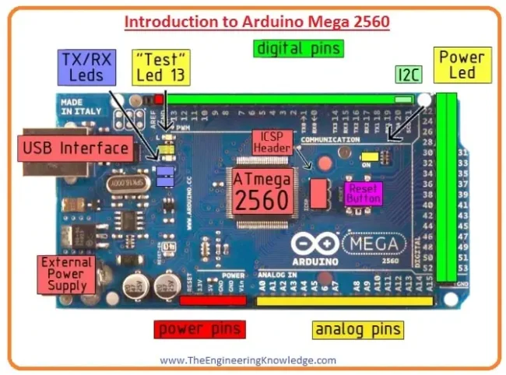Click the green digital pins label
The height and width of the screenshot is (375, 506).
pos(297,48)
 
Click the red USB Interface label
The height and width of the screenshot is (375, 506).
pos(76,148)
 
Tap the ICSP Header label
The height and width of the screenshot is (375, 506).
pos(272,142)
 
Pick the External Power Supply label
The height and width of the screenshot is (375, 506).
pos(66,274)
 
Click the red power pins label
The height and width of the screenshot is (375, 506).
pos(199,328)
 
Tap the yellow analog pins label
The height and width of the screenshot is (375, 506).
pos(359,328)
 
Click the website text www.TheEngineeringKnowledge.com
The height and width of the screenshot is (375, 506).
pos(248,360)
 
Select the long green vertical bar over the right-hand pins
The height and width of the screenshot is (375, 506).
pos(446,187)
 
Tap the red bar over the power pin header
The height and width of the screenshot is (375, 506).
pos(213,300)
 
